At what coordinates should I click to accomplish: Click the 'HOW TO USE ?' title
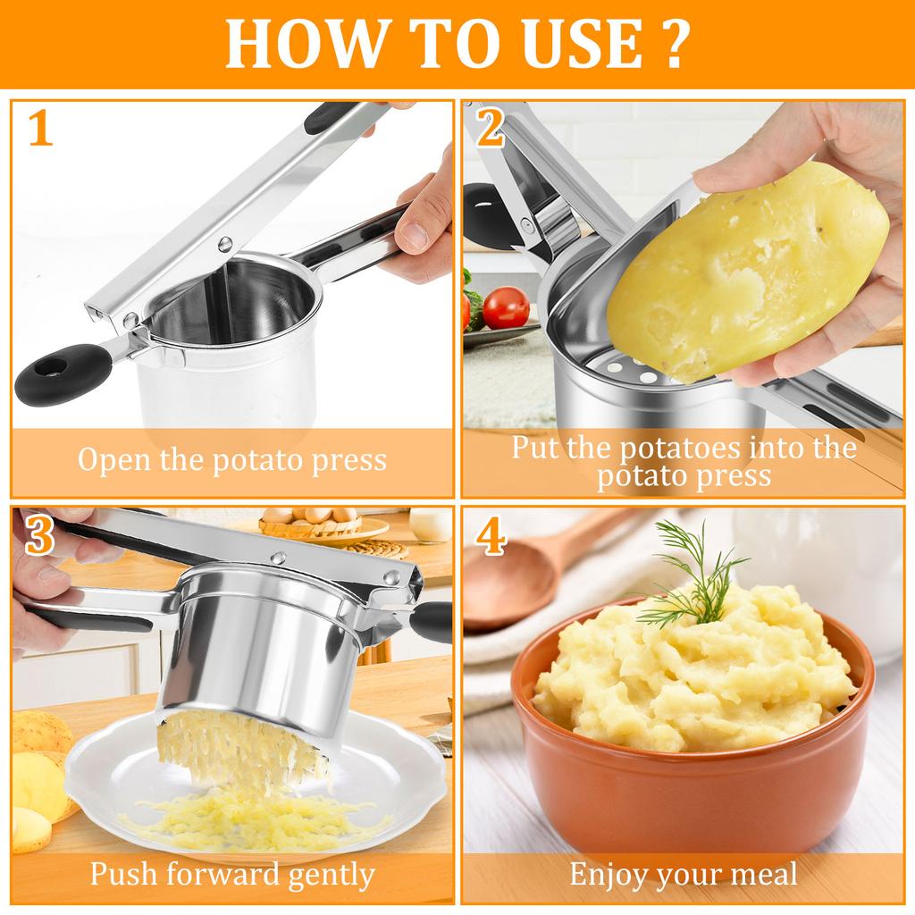click(x=457, y=45)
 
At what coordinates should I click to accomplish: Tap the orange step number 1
click(x=41, y=130)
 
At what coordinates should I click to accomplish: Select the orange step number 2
click(x=491, y=130)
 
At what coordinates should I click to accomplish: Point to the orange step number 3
click(x=41, y=535)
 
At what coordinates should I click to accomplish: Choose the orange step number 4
click(x=491, y=535)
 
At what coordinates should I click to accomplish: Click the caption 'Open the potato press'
click(x=231, y=459)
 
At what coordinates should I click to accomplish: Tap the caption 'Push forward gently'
click(x=231, y=873)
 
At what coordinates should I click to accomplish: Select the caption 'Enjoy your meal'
click(x=683, y=873)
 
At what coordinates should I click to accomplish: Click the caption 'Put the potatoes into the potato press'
click(x=683, y=460)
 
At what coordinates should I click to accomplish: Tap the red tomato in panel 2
click(x=506, y=307)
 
